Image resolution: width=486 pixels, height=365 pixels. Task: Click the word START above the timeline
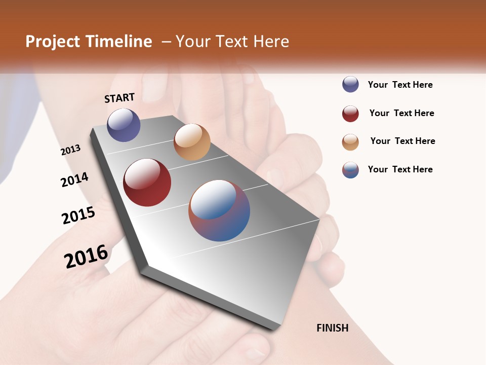[x=119, y=98]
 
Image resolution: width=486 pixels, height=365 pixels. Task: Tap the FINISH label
[x=332, y=328]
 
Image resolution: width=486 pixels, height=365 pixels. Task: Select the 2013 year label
[x=70, y=150]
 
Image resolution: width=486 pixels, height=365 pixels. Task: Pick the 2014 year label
[x=74, y=179]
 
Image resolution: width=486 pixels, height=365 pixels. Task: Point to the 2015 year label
[x=78, y=215]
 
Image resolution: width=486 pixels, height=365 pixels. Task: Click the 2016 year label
[x=86, y=256]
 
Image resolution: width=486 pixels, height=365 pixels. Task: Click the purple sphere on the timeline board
[x=124, y=125]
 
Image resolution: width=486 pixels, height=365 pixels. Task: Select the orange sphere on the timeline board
[x=192, y=142]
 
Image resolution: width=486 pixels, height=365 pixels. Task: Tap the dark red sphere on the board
[x=147, y=182]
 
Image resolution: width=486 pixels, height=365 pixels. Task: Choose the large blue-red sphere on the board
[x=219, y=210]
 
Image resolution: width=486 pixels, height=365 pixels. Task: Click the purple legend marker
[x=350, y=84]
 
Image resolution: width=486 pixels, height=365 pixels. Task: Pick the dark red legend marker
[x=350, y=114]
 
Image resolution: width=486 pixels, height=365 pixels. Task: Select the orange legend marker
[x=350, y=142]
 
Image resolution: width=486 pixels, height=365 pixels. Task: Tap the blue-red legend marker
[x=350, y=170]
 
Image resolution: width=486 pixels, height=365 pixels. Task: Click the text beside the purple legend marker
[x=400, y=85]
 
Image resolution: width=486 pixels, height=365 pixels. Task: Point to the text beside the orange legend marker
[x=402, y=141]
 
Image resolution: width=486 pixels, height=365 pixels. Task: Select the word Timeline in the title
[x=119, y=42]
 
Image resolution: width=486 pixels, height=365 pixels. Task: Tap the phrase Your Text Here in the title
[x=232, y=42]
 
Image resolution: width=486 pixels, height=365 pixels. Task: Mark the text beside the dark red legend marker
[x=401, y=113]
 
